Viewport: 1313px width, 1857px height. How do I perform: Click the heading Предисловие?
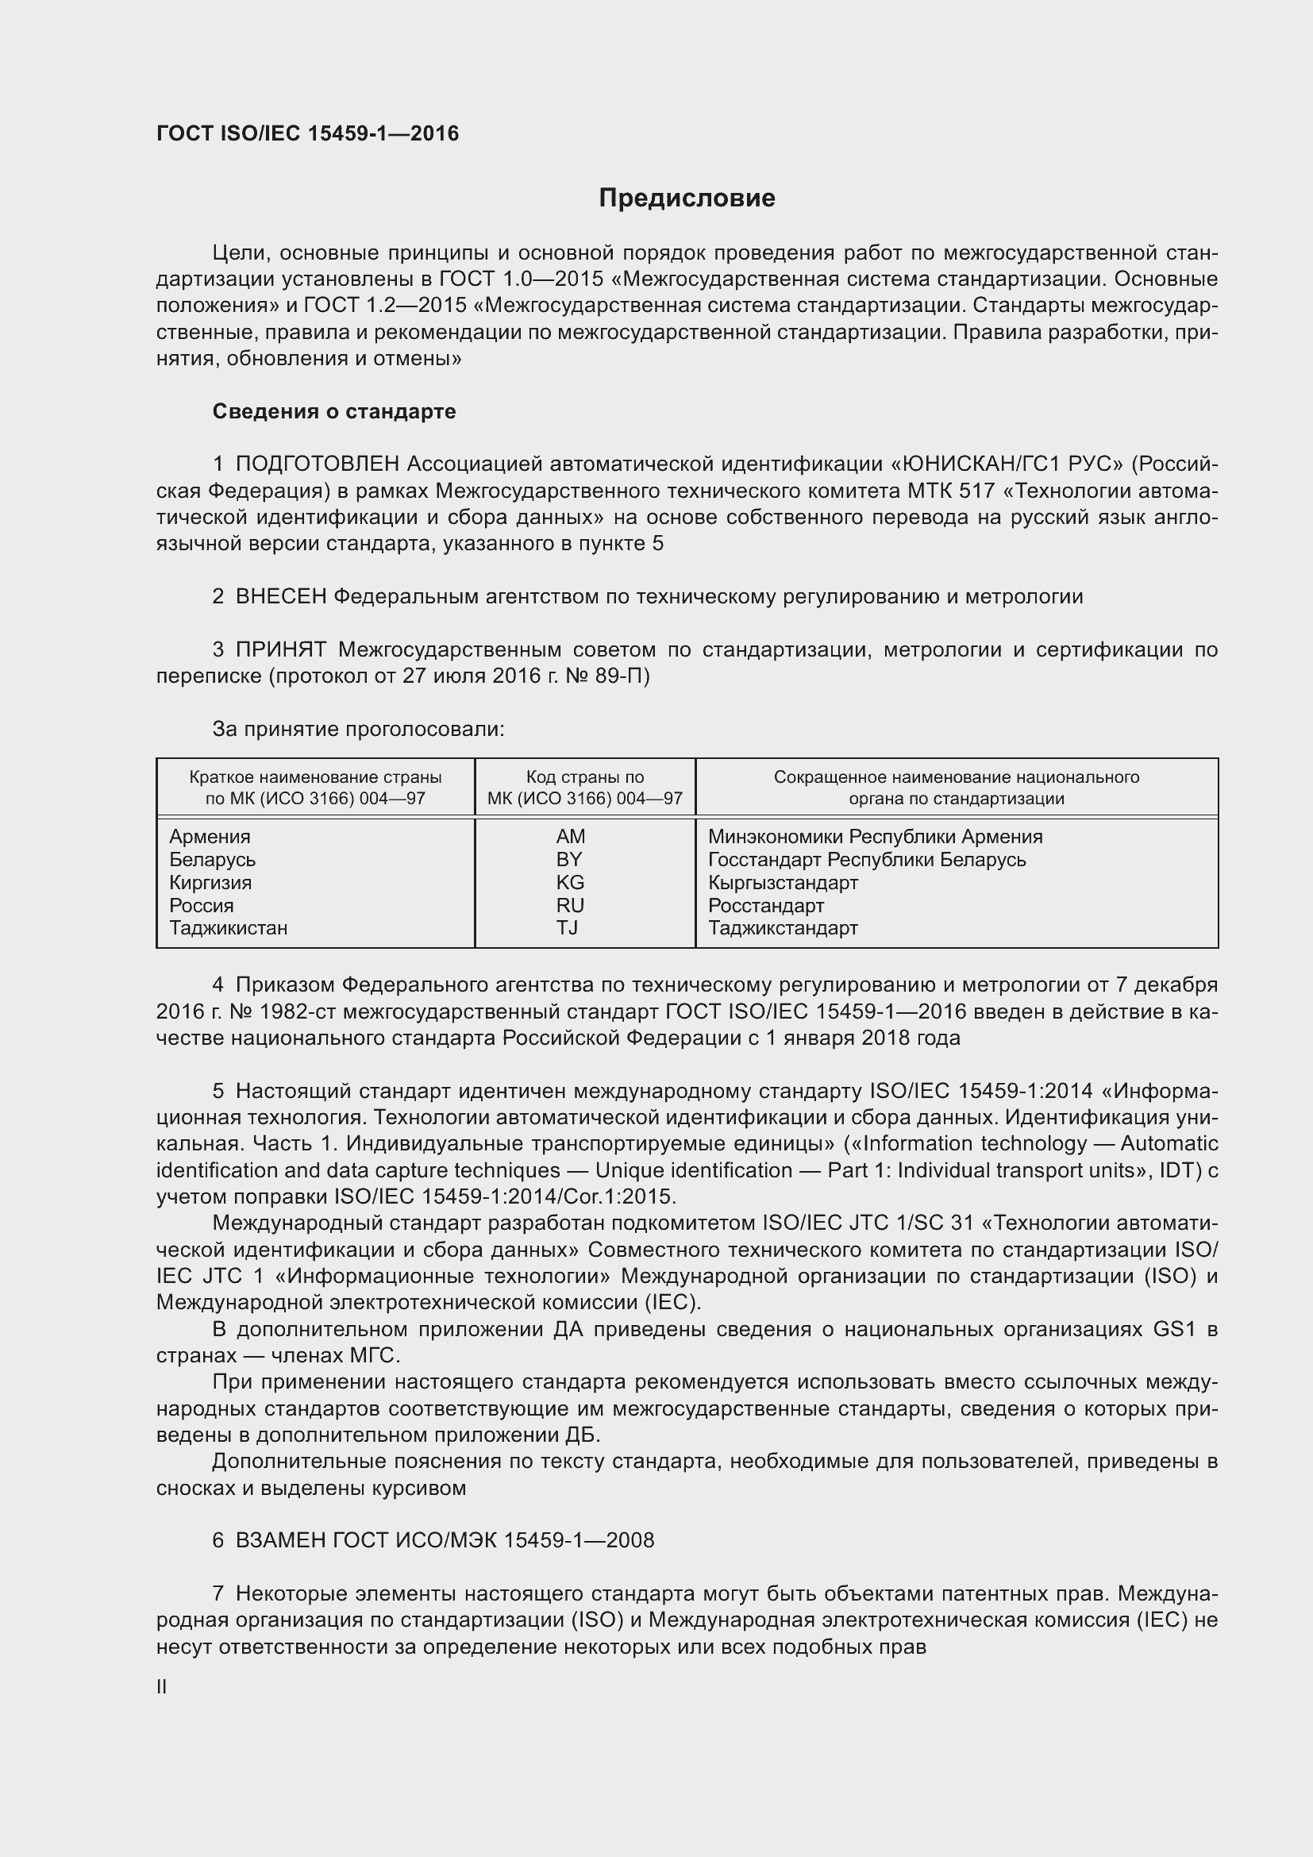coord(687,198)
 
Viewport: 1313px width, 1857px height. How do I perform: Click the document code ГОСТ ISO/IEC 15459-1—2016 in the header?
coord(307,133)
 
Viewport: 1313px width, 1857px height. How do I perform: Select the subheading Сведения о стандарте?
coord(334,412)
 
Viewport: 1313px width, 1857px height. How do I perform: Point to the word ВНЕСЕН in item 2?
coord(280,597)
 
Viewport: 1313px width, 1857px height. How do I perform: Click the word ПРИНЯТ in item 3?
coord(280,649)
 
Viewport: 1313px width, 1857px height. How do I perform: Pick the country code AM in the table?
coord(571,836)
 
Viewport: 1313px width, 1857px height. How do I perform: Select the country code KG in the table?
coord(570,882)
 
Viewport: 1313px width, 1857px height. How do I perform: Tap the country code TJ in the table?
coord(567,927)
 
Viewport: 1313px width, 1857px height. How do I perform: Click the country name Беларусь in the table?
coord(213,860)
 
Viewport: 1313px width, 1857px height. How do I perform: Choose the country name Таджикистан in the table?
coord(228,927)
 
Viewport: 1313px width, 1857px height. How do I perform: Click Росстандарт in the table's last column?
coord(765,905)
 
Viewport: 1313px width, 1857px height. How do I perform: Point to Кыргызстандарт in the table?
coord(783,882)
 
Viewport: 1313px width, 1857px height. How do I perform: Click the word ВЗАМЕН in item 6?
coord(280,1540)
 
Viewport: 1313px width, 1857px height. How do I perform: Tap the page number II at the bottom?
coord(162,1687)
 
